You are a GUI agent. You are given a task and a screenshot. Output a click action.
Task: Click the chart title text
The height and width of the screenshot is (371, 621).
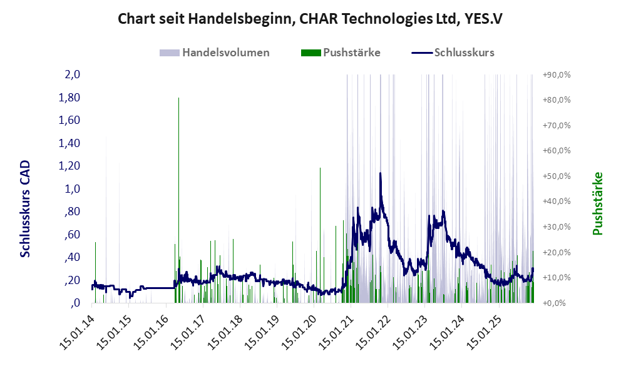pyautogui.click(x=310, y=19)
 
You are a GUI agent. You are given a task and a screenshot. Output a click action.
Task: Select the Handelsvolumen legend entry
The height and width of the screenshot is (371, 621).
pyautogui.click(x=225, y=53)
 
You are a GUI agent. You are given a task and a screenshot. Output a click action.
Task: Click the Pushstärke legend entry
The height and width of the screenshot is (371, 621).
pyautogui.click(x=351, y=53)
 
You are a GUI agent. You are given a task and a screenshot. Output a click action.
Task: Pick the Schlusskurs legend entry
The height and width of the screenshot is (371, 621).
pyautogui.click(x=464, y=53)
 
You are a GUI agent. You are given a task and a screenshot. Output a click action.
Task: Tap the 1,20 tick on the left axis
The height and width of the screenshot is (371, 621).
pyautogui.click(x=70, y=166)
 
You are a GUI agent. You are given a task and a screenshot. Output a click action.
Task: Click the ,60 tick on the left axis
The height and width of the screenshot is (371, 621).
pyautogui.click(x=72, y=235)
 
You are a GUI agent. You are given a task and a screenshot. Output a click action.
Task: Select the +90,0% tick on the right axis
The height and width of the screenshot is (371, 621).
pyautogui.click(x=556, y=75)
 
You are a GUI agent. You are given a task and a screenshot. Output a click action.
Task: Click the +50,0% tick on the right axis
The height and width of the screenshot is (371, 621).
pyautogui.click(x=556, y=176)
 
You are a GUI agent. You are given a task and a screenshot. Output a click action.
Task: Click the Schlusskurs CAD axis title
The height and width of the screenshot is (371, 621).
pyautogui.click(x=26, y=208)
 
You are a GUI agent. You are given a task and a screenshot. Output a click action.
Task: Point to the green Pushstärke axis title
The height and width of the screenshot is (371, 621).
pyautogui.click(x=597, y=203)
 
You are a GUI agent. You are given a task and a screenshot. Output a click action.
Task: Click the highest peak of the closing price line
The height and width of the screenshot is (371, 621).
pyautogui.click(x=380, y=173)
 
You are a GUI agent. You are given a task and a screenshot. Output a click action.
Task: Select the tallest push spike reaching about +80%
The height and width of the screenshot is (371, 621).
pyautogui.click(x=179, y=99)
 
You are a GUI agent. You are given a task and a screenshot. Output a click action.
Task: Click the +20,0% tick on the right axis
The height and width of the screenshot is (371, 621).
pyautogui.click(x=556, y=252)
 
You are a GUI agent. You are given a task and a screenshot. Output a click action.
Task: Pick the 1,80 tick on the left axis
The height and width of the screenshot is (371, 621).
pyautogui.click(x=70, y=98)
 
